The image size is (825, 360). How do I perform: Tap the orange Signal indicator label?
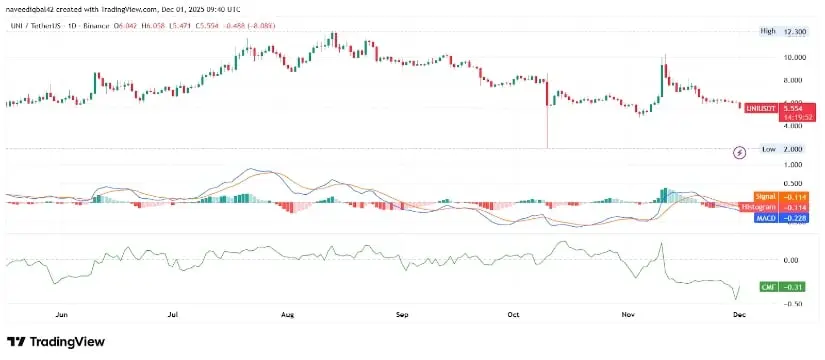766,198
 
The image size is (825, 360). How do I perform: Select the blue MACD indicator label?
766,217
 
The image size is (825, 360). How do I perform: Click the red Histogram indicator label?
766,207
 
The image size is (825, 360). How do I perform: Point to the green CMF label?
767,286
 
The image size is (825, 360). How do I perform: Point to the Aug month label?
287,314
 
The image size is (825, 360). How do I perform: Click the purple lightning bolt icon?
740,152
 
